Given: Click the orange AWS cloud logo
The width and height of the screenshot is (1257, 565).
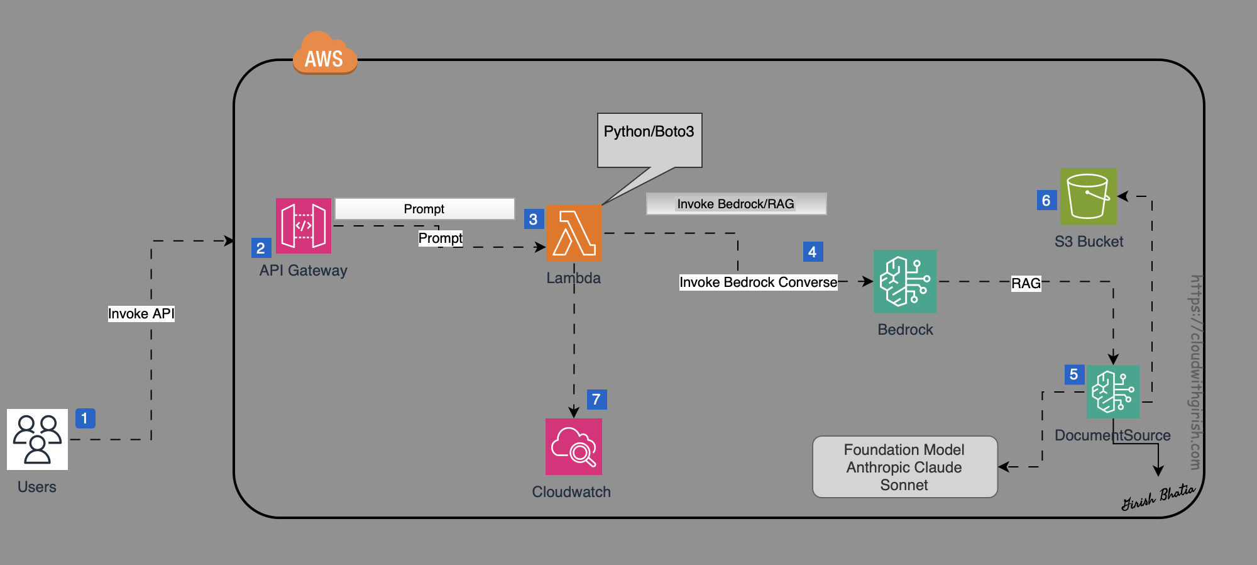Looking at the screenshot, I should [325, 54].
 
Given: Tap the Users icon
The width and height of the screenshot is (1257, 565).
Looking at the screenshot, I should [37, 439].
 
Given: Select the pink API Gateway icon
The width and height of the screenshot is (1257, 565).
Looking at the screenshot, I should [304, 226].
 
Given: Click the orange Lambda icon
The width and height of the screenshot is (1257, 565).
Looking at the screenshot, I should [574, 233].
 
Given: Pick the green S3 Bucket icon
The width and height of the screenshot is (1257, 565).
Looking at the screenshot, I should [1088, 196].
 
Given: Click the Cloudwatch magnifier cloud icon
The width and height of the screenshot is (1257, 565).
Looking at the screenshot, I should [573, 447].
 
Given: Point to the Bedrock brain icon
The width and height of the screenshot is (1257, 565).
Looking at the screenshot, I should [904, 281].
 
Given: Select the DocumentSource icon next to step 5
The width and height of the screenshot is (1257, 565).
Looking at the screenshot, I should [1113, 392].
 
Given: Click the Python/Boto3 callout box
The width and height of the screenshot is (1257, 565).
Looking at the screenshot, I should [649, 140].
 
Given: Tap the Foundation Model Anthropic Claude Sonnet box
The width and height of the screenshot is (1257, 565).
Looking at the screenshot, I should [904, 467].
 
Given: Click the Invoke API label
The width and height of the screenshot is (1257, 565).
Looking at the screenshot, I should [141, 313].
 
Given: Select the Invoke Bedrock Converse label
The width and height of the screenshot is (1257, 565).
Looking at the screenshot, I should [758, 282].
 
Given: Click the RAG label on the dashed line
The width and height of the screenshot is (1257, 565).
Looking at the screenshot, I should [1026, 283].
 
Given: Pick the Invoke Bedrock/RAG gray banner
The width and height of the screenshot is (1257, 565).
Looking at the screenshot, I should [736, 204].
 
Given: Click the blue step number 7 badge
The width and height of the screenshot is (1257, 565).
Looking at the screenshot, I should [596, 400].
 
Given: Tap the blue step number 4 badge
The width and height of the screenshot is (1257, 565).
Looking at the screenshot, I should [813, 252].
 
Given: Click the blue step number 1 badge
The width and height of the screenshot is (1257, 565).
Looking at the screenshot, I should [85, 418].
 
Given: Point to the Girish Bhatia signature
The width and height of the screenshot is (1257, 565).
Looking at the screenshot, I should [1158, 497].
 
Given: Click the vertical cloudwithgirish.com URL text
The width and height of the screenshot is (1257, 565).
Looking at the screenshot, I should [1195, 372].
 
